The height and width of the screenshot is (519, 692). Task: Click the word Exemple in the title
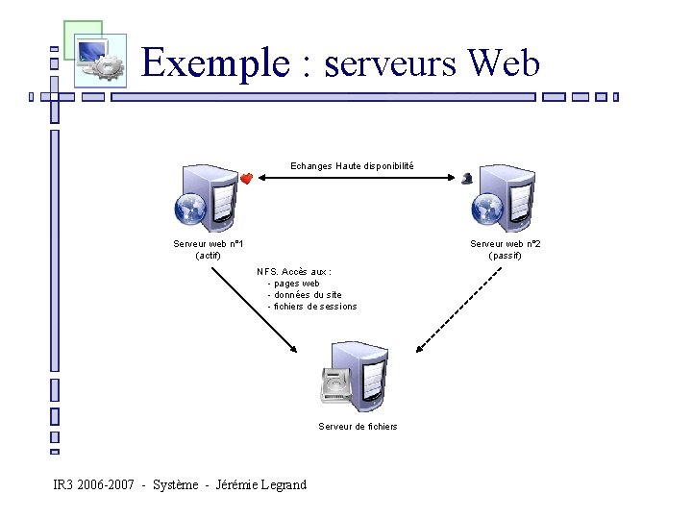pyautogui.click(x=214, y=64)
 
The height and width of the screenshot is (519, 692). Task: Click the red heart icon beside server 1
pyautogui.click(x=246, y=179)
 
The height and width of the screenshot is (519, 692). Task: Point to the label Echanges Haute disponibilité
pyautogui.click(x=353, y=166)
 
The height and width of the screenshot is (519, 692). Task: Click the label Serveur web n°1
pyautogui.click(x=208, y=244)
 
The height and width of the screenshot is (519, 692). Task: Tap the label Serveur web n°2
pyautogui.click(x=505, y=244)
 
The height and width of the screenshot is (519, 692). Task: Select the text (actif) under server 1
pyautogui.click(x=208, y=256)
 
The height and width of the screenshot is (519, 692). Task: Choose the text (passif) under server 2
pyautogui.click(x=505, y=256)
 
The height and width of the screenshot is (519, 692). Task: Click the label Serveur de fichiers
pyautogui.click(x=358, y=427)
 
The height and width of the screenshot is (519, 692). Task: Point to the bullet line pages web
pyautogui.click(x=295, y=284)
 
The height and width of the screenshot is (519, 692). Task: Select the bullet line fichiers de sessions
pyautogui.click(x=314, y=307)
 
